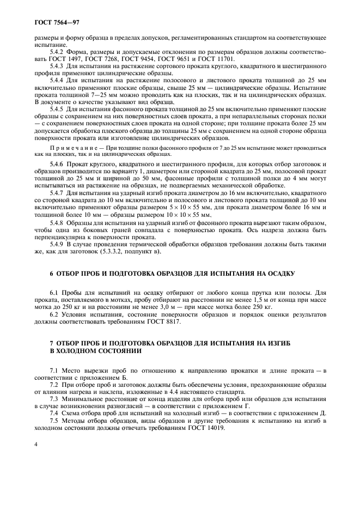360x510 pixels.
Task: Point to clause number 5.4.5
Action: point(57,109)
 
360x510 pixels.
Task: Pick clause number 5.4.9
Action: point(57,245)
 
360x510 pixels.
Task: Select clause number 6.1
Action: point(54,293)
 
